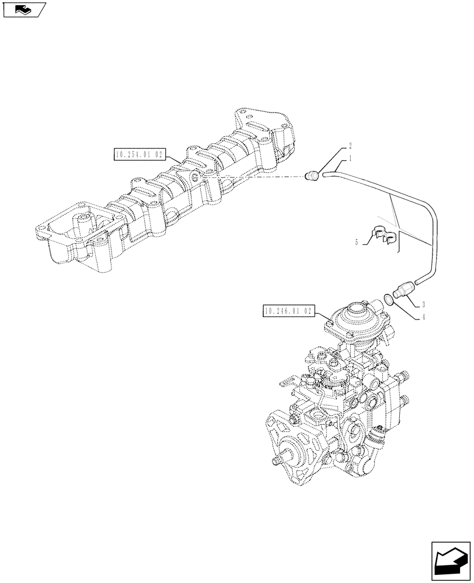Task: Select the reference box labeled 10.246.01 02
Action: tap(289, 312)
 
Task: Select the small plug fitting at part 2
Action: tap(313, 174)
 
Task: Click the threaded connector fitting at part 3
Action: tap(403, 291)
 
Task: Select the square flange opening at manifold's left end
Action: tap(64, 229)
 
